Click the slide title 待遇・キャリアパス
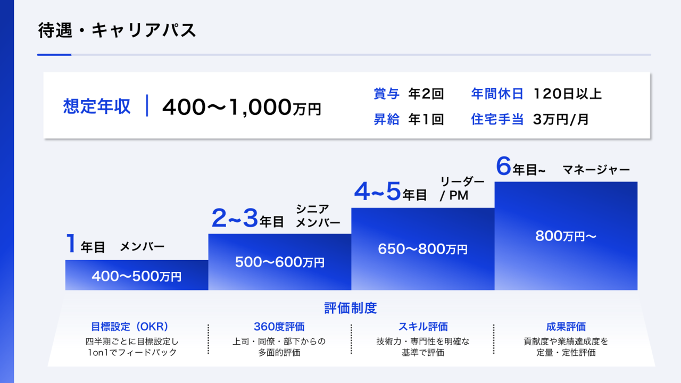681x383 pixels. point(117,30)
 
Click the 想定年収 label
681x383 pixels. point(96,106)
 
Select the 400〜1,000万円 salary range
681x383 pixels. point(242,107)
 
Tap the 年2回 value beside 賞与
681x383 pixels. point(426,94)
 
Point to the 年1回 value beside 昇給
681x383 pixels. point(426,120)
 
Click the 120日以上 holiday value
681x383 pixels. point(567,94)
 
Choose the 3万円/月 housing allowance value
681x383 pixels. point(561,120)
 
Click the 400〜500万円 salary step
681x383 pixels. point(137,276)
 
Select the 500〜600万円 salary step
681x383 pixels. point(279,262)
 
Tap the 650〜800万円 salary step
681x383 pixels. point(422,248)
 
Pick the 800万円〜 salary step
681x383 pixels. point(566,236)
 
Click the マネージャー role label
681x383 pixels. point(596,170)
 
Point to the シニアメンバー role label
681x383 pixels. point(318,215)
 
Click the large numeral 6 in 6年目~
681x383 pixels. point(503,166)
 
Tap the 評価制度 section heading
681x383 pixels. point(351,308)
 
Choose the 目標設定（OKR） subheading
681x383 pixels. point(130,327)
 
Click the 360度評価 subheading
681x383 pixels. point(279,327)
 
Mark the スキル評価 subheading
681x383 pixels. point(423,327)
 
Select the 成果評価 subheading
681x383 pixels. point(566,327)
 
